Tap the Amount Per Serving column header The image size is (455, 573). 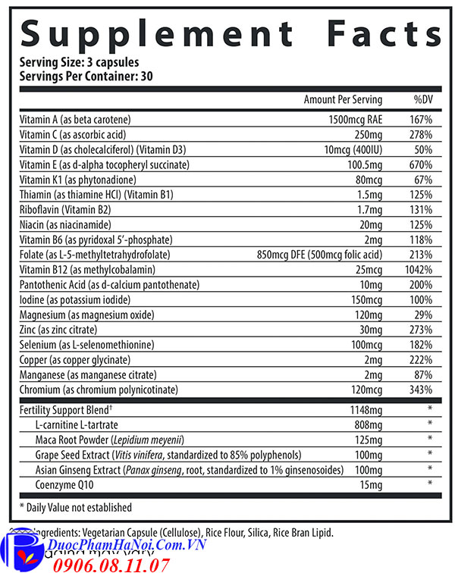[x=343, y=100]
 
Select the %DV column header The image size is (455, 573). [x=422, y=100]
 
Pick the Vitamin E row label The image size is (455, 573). [x=104, y=164]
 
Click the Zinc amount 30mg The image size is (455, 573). [x=370, y=330]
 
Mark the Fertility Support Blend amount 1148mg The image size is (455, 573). [x=366, y=410]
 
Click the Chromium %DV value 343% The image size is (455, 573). [x=421, y=390]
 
